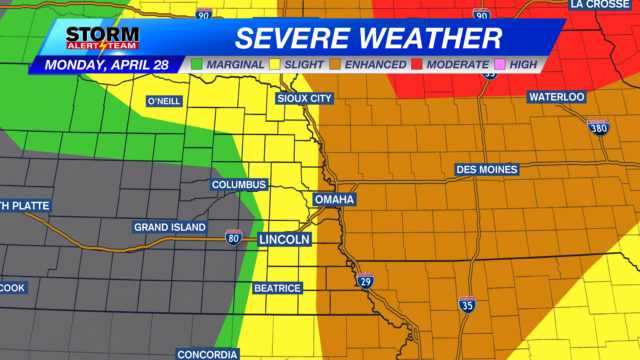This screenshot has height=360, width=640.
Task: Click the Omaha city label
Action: [335, 200]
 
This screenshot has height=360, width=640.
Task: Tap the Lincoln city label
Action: [285, 240]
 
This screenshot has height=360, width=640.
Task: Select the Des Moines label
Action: [486, 170]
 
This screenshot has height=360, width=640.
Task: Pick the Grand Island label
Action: [169, 227]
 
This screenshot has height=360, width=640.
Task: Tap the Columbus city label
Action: [239, 185]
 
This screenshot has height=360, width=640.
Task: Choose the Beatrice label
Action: [277, 288]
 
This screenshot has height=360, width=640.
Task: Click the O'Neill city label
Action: [164, 102]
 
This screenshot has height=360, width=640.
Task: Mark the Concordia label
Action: [207, 354]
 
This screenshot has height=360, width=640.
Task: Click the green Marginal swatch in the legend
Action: [197, 65]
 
